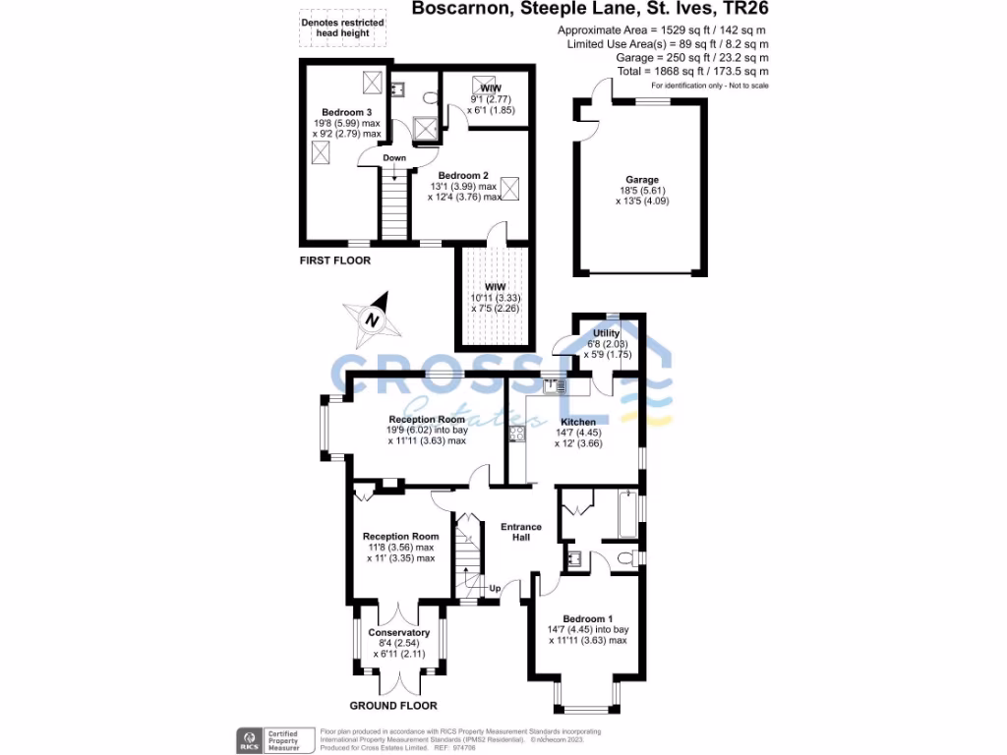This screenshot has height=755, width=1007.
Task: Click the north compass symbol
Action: pyautogui.click(x=371, y=319)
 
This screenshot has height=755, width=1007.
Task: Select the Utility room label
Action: pyautogui.click(x=606, y=333)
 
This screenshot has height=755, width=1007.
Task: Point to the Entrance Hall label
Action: pyautogui.click(x=521, y=532)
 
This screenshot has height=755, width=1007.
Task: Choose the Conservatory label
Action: pyautogui.click(x=398, y=632)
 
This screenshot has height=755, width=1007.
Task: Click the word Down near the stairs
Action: pyautogui.click(x=394, y=158)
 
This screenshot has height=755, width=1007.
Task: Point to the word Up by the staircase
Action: pyautogui.click(x=495, y=589)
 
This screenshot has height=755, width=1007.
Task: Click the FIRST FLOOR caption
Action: pyautogui.click(x=335, y=261)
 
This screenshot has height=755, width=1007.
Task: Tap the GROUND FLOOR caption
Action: pyautogui.click(x=393, y=706)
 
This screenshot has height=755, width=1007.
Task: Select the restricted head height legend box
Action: pyautogui.click(x=335, y=27)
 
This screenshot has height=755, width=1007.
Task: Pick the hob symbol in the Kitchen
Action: pyautogui.click(x=516, y=434)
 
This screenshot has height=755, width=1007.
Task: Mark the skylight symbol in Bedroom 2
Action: pyautogui.click(x=510, y=186)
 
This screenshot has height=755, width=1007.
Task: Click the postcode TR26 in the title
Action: pyautogui.click(x=740, y=11)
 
